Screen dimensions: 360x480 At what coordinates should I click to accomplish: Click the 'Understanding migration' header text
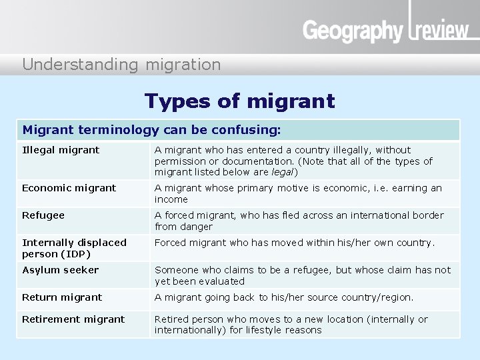121,65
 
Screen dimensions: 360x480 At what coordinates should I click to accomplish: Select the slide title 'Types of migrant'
239,101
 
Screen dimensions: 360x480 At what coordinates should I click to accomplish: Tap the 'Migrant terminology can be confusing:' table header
152,129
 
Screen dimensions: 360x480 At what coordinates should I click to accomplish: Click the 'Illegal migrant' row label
61,150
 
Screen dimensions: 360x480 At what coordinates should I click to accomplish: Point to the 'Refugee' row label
43,215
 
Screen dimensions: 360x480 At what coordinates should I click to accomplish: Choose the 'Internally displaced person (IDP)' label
74,248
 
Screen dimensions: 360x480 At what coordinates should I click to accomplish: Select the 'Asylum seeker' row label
60,270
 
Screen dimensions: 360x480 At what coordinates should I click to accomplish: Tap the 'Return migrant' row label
62,297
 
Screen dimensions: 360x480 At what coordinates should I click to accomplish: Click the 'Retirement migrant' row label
73,319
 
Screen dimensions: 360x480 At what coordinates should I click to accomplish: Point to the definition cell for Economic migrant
298,193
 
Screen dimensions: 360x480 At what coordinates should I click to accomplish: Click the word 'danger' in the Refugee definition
196,227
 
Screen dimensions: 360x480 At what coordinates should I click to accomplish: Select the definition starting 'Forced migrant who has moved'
294,243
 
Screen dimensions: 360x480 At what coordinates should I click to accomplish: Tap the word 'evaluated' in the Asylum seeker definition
222,281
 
